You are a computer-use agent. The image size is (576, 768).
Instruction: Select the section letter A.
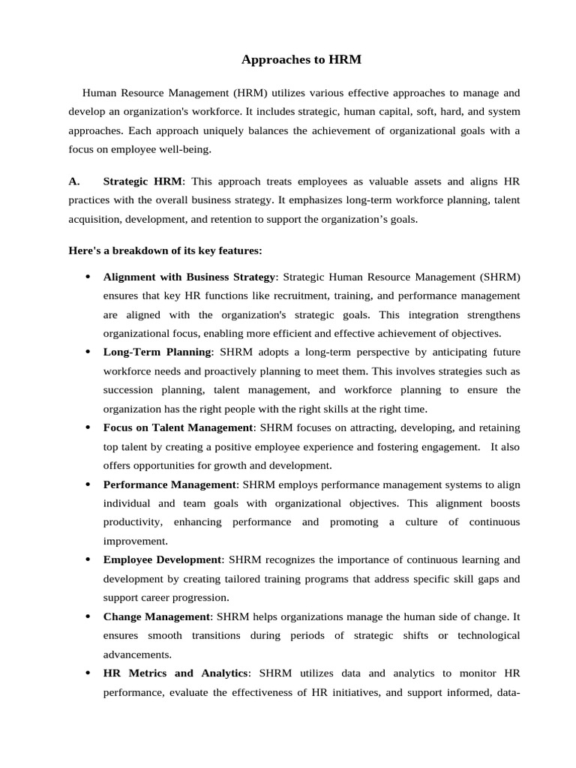point(73,181)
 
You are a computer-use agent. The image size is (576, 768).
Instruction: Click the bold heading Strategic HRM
point(142,181)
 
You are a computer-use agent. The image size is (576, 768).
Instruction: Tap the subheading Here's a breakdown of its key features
point(165,250)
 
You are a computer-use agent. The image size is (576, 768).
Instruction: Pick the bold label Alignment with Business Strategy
point(190,277)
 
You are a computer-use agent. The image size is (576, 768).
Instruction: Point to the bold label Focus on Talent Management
point(178,427)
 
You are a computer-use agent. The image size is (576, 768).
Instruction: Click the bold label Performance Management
point(169,484)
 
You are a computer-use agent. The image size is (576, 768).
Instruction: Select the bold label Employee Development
point(162,559)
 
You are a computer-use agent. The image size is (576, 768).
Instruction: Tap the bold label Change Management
point(157,616)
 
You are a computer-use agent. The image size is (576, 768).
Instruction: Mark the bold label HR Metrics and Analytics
point(175,673)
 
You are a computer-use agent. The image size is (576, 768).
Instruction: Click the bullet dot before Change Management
point(88,616)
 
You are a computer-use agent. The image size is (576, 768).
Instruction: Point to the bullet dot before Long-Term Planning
point(88,352)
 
